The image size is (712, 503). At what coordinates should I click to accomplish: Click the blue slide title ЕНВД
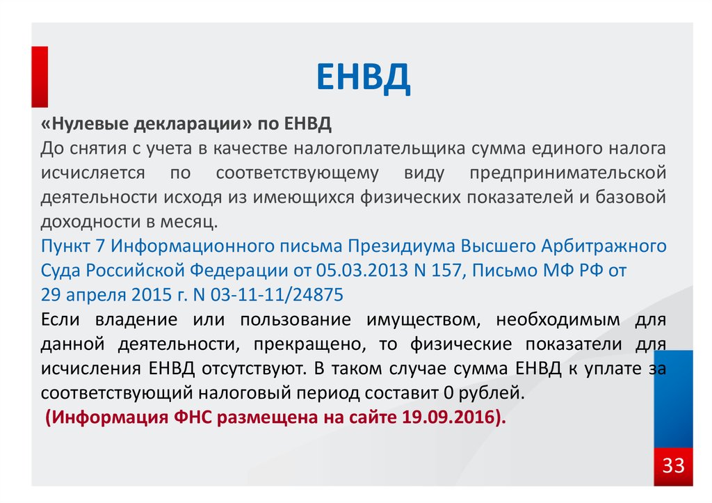tap(363, 78)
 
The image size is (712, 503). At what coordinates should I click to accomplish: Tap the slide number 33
tap(673, 465)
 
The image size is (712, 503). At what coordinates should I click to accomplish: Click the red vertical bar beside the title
tap(40, 77)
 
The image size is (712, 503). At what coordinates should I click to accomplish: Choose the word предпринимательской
tap(567, 173)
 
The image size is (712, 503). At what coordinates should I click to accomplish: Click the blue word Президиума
tap(401, 246)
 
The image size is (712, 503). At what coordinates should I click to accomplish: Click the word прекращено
tap(309, 344)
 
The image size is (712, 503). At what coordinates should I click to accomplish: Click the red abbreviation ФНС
tap(193, 417)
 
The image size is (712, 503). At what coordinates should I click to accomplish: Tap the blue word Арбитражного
tap(604, 246)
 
